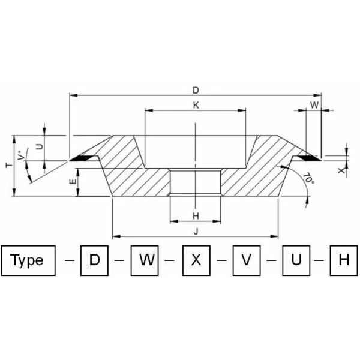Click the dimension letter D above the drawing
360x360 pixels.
coord(196,91)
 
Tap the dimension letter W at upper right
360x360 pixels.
coord(314,105)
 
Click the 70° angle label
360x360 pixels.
coord(308,179)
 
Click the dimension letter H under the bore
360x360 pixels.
coord(196,215)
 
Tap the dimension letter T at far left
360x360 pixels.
coord(7,166)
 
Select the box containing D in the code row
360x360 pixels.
coord(94,260)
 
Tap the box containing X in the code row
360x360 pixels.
coord(196,260)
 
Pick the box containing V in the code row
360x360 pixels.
coord(245,260)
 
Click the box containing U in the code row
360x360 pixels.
coord(296,260)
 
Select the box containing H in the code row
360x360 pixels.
coord(344,260)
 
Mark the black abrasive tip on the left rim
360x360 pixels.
coord(82,158)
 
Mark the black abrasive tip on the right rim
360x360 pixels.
coord(308,158)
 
